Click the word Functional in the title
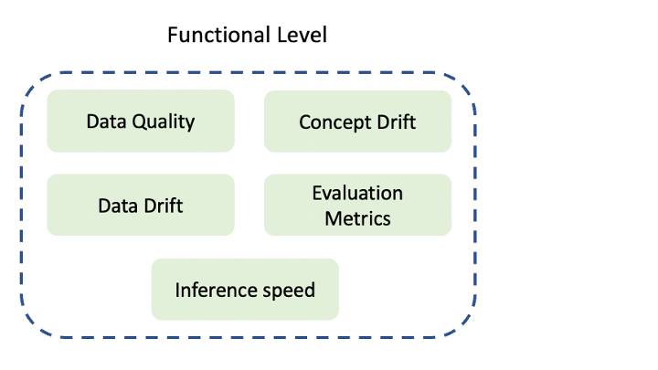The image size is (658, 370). (x=218, y=35)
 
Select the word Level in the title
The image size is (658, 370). (x=302, y=35)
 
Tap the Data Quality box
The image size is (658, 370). (x=141, y=121)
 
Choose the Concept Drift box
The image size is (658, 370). (x=357, y=122)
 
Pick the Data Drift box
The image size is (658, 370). (x=141, y=206)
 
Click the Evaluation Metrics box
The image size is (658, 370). (x=357, y=206)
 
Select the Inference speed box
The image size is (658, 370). (x=245, y=290)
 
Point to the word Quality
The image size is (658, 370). (x=164, y=122)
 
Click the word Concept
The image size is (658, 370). (x=334, y=123)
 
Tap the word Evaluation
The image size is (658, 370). (x=357, y=193)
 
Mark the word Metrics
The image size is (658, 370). (x=357, y=218)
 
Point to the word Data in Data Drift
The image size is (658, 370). (x=118, y=206)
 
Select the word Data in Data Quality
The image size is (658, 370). (x=106, y=122)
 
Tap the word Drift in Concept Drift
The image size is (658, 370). (x=396, y=122)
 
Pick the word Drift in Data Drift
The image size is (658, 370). (x=164, y=206)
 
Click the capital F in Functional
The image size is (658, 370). (x=173, y=36)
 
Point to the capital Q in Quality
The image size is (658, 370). (x=139, y=122)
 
